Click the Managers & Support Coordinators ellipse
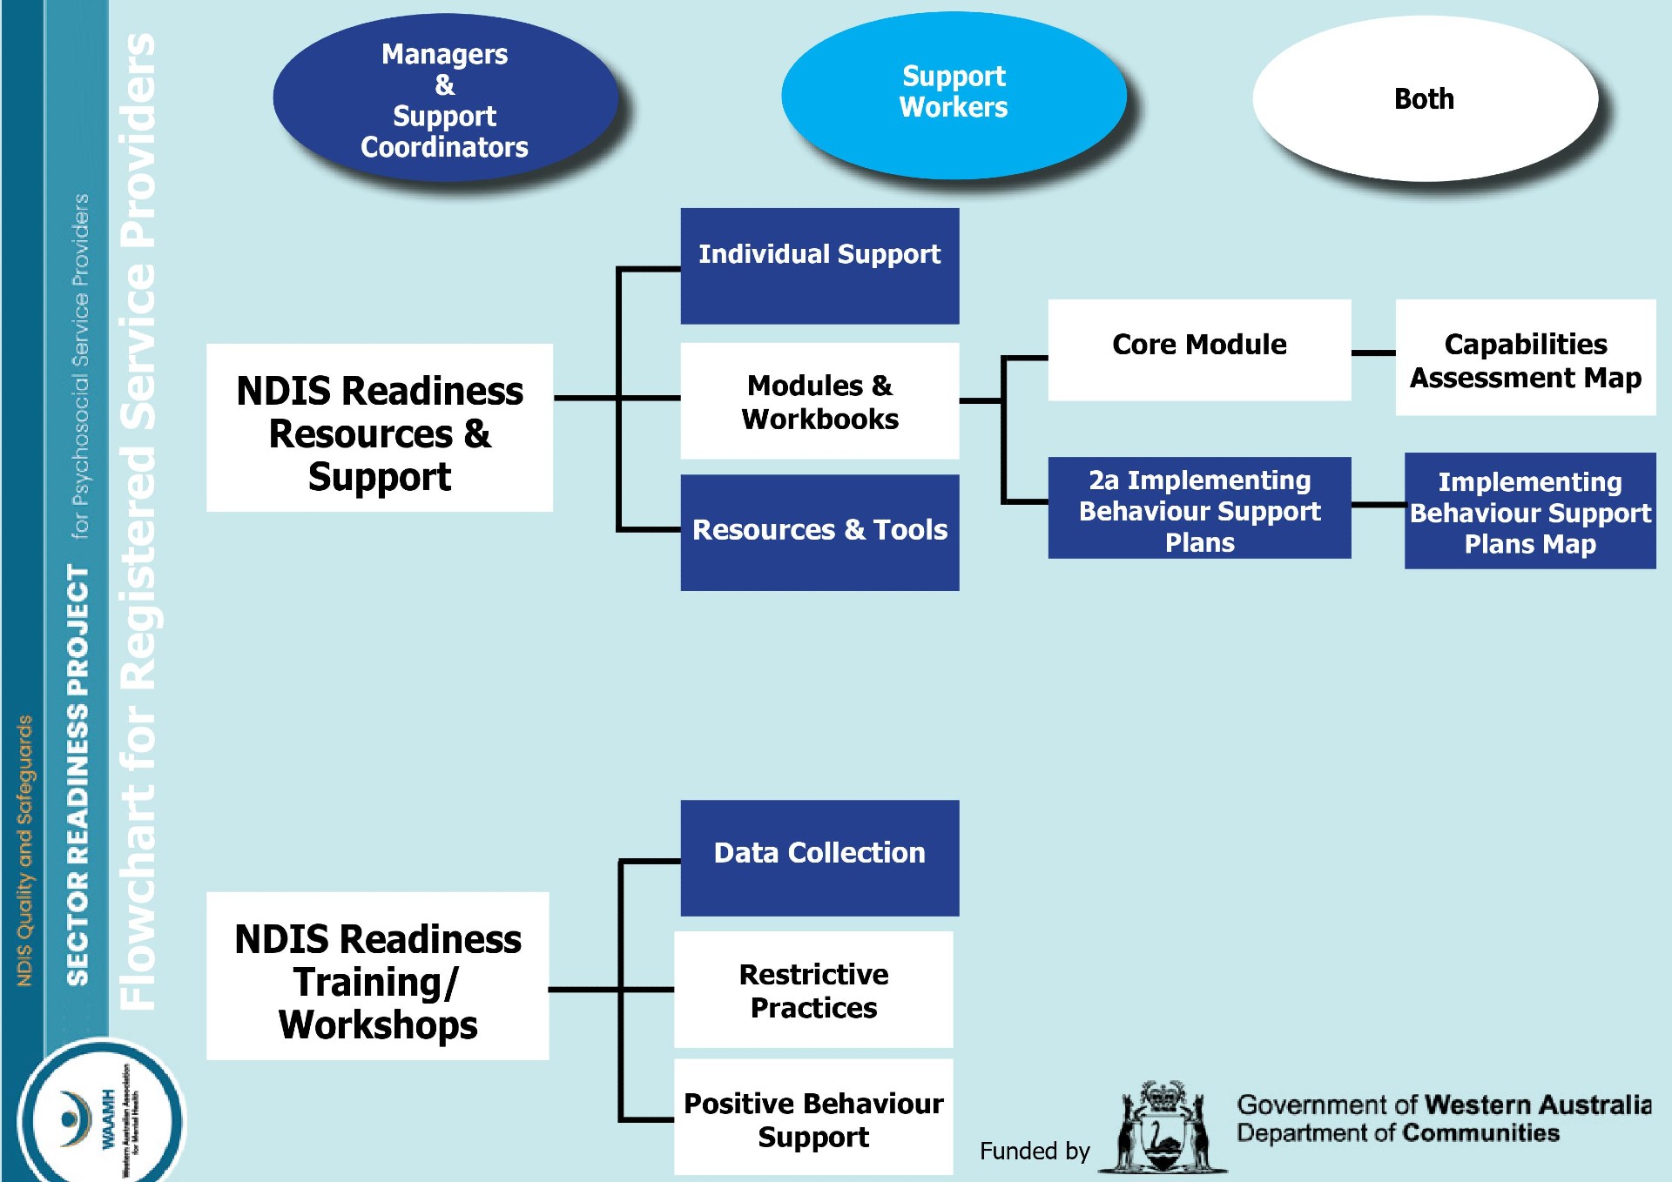pos(445,99)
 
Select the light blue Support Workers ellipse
pos(954,94)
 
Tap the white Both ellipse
pos(1424,98)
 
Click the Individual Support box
pos(819,265)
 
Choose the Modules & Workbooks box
pos(819,401)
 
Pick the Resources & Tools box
pos(819,532)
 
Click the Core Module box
pos(1199,349)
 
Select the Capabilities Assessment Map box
pos(1526,358)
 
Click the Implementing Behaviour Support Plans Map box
pos(1529,511)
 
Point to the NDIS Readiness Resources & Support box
pos(380,427)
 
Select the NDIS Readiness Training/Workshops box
pos(378,976)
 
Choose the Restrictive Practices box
pos(813,990)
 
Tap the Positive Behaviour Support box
pos(813,1118)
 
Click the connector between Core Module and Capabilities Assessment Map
pos(1373,353)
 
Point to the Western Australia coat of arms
pos(1163,1128)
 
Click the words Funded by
pos(1035,1151)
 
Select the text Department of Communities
pos(1398,1133)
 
